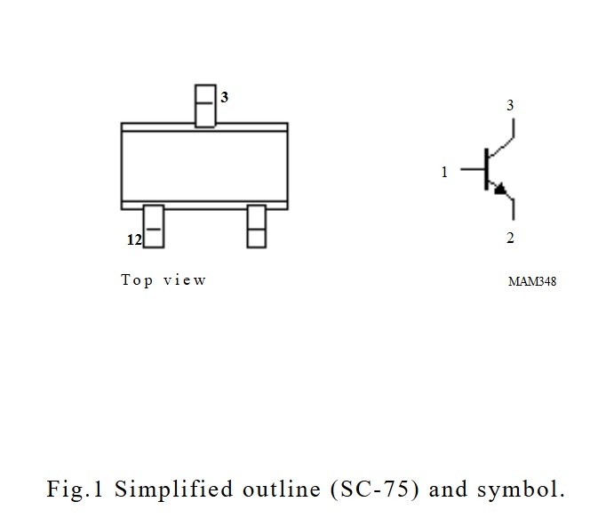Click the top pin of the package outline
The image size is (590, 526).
(x=204, y=105)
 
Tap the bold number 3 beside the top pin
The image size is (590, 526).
(x=225, y=98)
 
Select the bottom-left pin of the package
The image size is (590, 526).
(x=154, y=226)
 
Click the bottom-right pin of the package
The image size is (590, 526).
(x=256, y=226)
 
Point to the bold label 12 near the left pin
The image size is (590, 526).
(x=133, y=239)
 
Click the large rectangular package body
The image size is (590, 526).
(x=204, y=166)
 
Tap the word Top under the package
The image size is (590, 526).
(x=137, y=280)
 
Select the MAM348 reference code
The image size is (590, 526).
(x=532, y=282)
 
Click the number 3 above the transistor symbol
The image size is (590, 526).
(x=510, y=106)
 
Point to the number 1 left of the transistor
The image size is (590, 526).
(x=445, y=173)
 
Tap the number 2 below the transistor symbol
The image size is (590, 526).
(x=510, y=238)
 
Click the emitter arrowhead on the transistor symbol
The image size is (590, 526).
(x=502, y=189)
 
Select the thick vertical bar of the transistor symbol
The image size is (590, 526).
(x=485, y=168)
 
